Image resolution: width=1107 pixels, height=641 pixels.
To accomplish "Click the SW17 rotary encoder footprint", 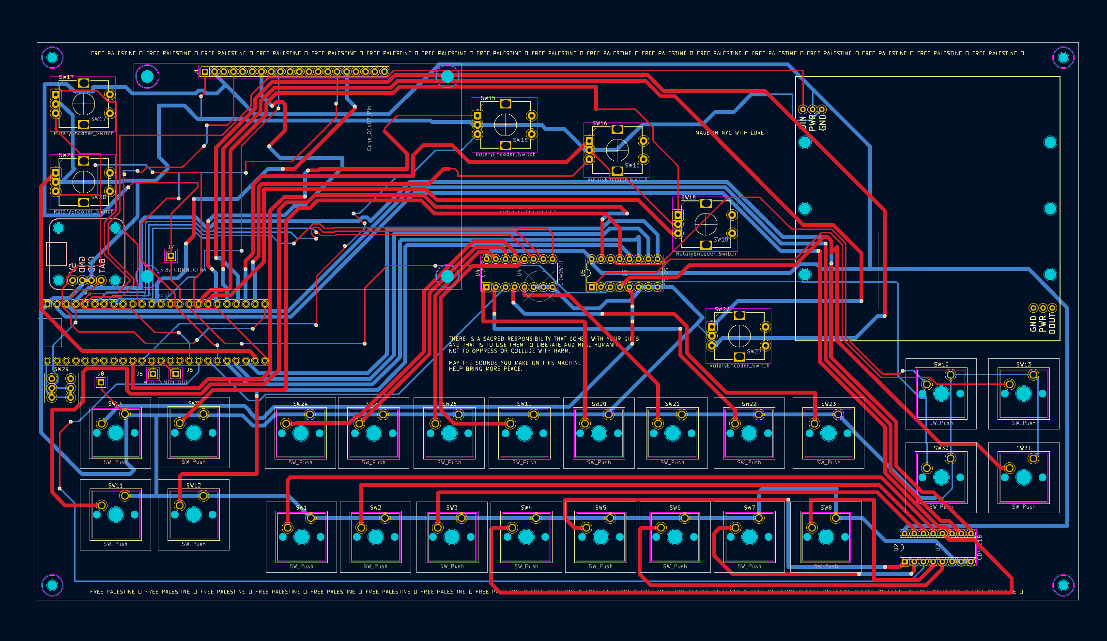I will (83, 104).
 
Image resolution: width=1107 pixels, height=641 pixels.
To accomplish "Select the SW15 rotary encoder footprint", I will (505, 125).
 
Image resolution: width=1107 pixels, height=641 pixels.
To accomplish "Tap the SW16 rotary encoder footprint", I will (617, 150).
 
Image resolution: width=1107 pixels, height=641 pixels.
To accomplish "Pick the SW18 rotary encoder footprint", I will (706, 224).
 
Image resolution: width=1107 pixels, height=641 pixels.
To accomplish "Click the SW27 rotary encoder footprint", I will (739, 336).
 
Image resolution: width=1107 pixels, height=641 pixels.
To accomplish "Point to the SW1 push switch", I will (301, 536).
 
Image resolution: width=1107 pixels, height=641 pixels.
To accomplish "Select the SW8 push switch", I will (826, 536).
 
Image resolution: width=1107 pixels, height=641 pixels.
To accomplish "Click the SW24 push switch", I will (300, 433).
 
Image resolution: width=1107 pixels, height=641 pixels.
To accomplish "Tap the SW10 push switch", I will (941, 394).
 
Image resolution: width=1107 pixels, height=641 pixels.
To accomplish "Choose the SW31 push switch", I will (1023, 477).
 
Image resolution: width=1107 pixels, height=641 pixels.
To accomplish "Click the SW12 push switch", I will (193, 514).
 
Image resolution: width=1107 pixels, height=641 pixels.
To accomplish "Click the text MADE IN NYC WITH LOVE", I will (729, 133).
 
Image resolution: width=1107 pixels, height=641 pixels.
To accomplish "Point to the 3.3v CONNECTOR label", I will (183, 270).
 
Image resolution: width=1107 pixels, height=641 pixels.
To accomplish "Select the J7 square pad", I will (170, 255).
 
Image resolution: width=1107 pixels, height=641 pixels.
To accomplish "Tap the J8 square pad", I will (101, 382).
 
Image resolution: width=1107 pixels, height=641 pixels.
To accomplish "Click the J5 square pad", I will (153, 374).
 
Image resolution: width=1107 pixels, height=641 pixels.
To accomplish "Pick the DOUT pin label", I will (1052, 323).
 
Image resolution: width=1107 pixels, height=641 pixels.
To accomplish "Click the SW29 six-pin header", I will (61, 388).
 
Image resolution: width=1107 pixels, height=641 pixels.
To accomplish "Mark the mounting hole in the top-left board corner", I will (52, 58).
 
